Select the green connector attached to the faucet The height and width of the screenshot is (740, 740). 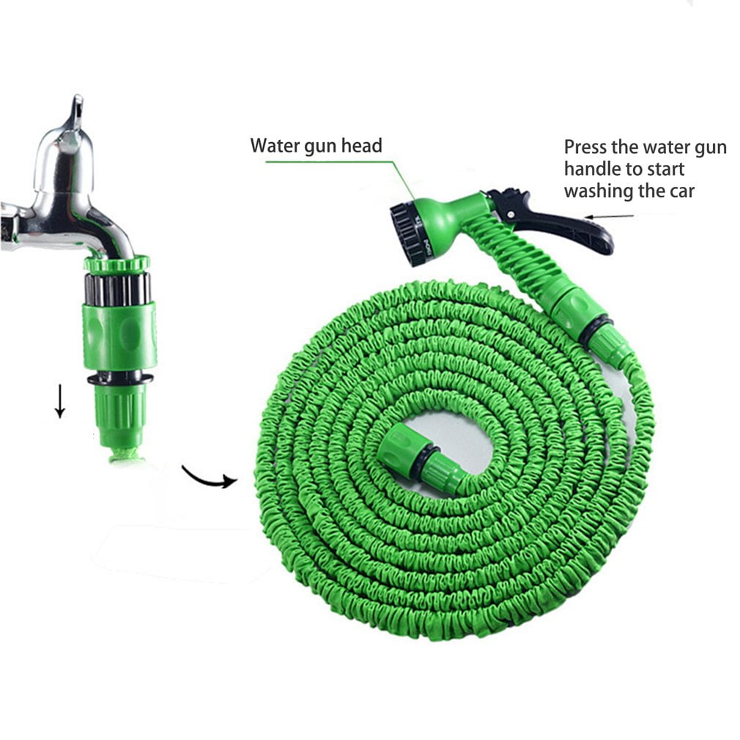(119, 333)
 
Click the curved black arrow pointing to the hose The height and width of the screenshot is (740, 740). (209, 477)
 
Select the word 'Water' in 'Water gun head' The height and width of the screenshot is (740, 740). (273, 146)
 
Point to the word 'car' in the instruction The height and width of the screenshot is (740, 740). (679, 192)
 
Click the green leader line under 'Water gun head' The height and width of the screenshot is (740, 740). (330, 161)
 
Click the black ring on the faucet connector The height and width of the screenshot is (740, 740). (120, 379)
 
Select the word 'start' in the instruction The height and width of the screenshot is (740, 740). (665, 170)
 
